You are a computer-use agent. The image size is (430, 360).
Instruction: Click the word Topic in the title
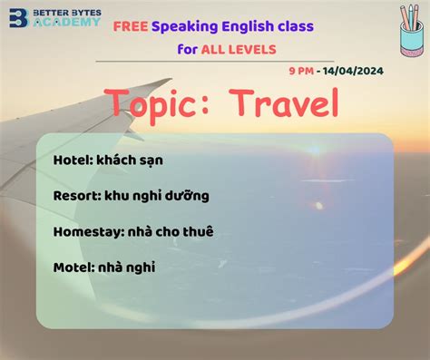[154, 105]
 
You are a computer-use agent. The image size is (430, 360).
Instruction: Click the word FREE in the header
[131, 27]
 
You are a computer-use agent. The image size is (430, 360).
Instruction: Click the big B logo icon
[15, 17]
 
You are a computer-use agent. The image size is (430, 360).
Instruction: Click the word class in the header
[293, 27]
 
